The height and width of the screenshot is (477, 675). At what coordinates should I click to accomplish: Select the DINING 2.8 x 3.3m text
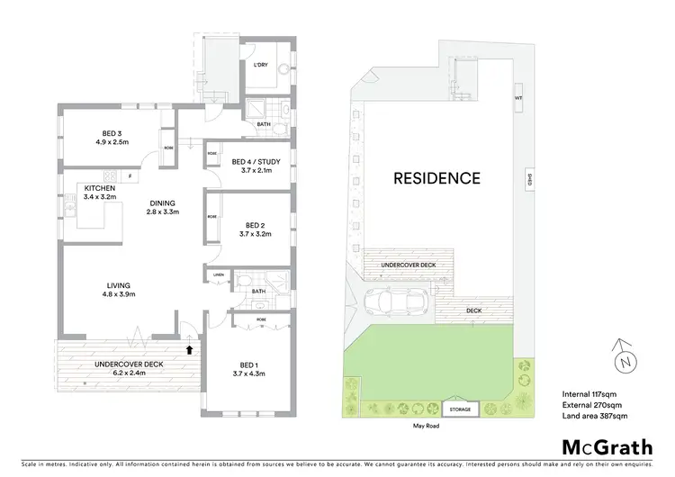pyautogui.click(x=163, y=207)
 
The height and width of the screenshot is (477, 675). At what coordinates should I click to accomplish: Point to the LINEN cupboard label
pyautogui.click(x=218, y=274)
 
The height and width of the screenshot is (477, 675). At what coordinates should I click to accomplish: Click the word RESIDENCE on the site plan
pyautogui.click(x=436, y=178)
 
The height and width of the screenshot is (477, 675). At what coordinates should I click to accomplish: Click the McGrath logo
pyautogui.click(x=607, y=447)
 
